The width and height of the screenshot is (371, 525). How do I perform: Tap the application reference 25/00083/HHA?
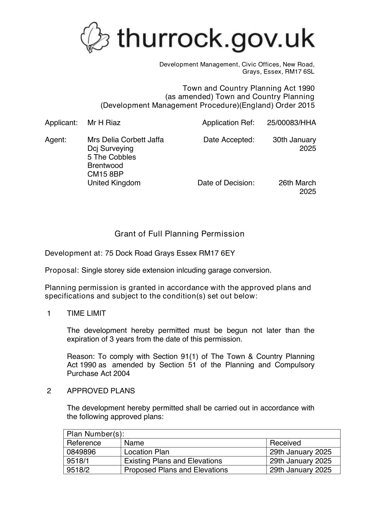(291, 123)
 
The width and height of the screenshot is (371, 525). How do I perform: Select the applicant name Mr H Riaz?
(104, 123)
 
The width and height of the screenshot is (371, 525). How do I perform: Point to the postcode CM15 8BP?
(105, 174)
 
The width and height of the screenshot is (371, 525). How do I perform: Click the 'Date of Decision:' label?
(226, 183)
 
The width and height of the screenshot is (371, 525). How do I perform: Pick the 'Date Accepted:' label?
(229, 140)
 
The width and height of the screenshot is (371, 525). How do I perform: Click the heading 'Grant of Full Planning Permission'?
(179, 234)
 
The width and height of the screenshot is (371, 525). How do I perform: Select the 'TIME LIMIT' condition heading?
(86, 313)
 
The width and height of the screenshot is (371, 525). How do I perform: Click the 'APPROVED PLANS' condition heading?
(101, 391)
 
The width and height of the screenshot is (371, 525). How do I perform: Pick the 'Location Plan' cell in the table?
(146, 452)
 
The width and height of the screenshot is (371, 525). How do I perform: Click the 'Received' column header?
(285, 443)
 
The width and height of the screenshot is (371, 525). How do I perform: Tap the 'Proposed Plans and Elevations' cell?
(176, 470)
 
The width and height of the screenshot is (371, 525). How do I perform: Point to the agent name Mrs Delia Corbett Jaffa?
(125, 140)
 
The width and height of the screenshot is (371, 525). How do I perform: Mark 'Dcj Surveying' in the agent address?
(110, 148)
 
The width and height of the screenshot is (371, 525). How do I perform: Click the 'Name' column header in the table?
(134, 443)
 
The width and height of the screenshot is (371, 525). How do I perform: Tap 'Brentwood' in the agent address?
(105, 166)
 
